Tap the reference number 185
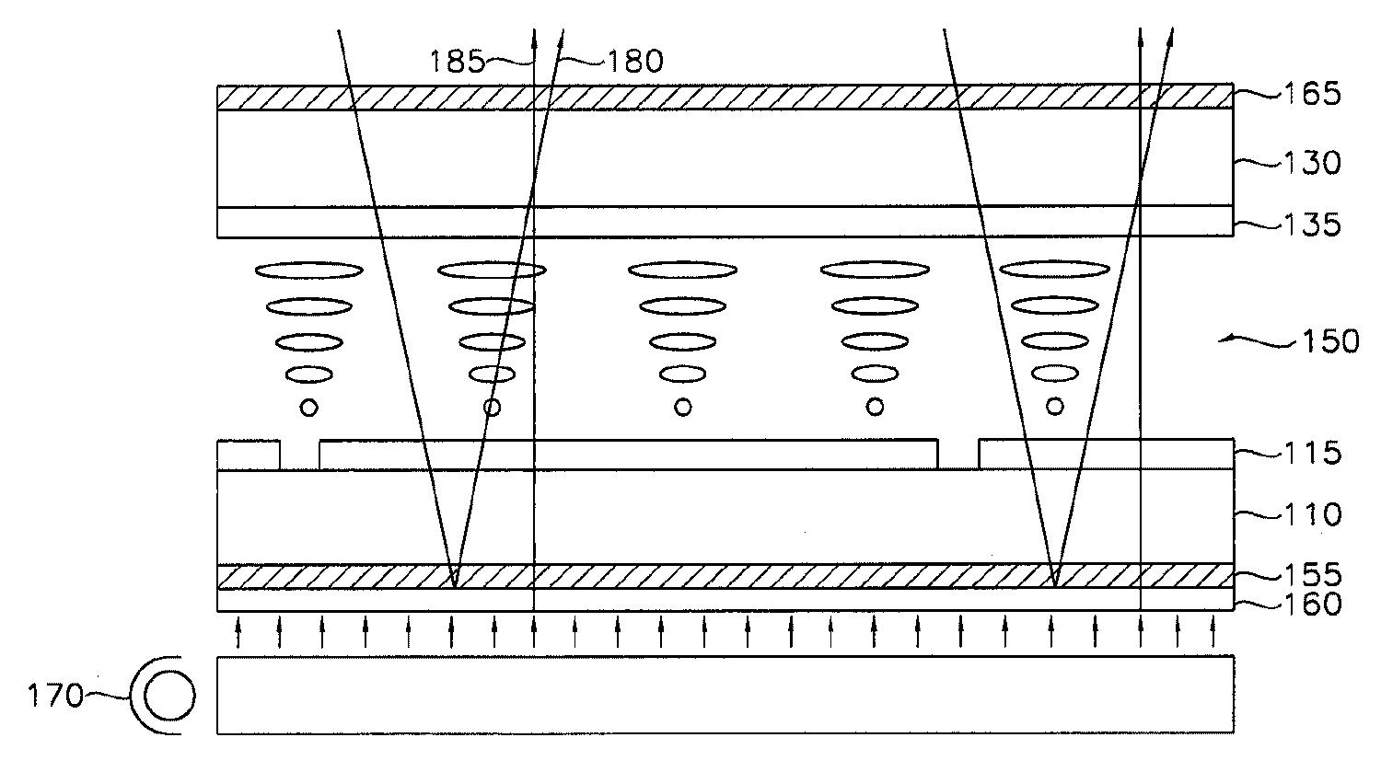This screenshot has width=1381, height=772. point(458,62)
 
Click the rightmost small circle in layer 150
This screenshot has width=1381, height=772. point(1055,405)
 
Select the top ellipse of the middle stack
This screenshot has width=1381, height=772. point(682,271)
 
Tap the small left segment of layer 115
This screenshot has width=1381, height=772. point(249,455)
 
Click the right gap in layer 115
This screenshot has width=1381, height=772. point(958,455)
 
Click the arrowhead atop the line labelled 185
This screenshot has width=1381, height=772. point(534,37)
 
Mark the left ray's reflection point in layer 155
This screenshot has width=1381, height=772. point(454,583)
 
